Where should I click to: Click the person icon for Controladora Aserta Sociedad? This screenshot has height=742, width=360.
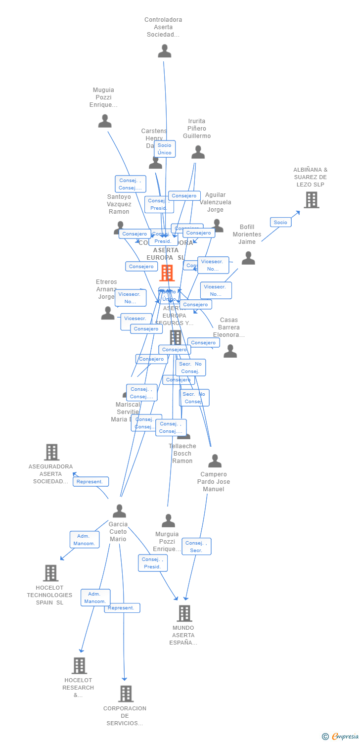click(164, 51)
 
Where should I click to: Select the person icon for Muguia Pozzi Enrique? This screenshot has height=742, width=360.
click(105, 121)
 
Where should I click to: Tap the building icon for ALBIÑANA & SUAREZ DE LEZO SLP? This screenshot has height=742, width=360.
click(311, 200)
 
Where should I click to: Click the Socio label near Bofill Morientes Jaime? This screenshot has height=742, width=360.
click(280, 223)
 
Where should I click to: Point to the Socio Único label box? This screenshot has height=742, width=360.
click(164, 149)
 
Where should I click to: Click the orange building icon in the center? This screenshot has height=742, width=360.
click(167, 273)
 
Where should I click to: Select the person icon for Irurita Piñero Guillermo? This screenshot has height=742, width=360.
click(198, 152)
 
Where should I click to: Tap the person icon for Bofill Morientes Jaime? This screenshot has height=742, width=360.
click(248, 258)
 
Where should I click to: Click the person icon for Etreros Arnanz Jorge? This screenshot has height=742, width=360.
click(108, 313)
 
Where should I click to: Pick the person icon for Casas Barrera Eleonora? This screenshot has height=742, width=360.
click(230, 351)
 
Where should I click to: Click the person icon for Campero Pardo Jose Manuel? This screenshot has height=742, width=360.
click(215, 461)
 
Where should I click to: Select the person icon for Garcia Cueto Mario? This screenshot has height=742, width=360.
click(119, 511)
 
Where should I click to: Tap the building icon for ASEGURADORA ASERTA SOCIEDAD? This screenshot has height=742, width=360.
click(51, 452)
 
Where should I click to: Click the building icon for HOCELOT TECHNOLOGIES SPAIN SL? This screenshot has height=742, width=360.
click(50, 573)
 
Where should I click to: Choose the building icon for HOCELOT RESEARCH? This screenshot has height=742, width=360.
click(79, 666)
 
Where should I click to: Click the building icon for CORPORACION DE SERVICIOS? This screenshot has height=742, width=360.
click(126, 694)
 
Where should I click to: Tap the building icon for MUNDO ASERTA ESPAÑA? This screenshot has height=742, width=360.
click(184, 613)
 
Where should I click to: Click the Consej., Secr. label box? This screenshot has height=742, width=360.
click(196, 547)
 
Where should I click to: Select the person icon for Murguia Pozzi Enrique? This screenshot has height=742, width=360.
click(168, 521)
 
